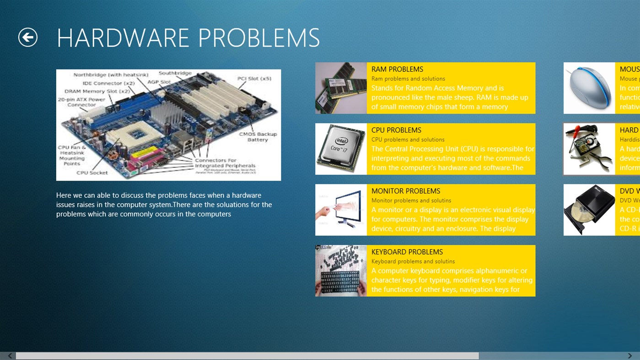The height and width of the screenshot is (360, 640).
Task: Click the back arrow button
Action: pos(28,37)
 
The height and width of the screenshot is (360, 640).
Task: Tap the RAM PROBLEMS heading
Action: pos(397,69)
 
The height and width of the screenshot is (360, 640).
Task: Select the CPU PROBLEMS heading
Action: pos(396,130)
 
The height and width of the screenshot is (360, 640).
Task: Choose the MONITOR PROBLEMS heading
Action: pos(406,191)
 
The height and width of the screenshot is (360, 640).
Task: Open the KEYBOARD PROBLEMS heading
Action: pos(407,252)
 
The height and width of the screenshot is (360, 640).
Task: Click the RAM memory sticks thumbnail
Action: pos(341,88)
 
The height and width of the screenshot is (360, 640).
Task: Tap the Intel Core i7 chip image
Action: pos(341,149)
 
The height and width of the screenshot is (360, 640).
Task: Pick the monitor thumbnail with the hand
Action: pos(341,210)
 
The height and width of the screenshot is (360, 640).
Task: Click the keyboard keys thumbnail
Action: pos(341,271)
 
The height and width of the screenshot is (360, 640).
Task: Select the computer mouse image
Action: pos(589,88)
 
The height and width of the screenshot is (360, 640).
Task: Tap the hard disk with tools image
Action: pos(589,149)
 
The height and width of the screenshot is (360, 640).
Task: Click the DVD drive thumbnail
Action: pos(589,210)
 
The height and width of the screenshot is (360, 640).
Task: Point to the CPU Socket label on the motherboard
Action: pos(92,172)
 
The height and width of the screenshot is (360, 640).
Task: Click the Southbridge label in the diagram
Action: pos(175,73)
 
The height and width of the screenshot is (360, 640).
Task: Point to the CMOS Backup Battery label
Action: pos(258,137)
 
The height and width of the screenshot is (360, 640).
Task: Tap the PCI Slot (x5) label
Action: pos(254,79)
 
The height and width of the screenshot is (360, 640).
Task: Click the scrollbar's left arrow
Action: pos(10,356)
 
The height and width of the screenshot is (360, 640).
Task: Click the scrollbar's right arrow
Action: pos(630,356)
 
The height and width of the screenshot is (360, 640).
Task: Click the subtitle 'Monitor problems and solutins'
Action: pos(411,200)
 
